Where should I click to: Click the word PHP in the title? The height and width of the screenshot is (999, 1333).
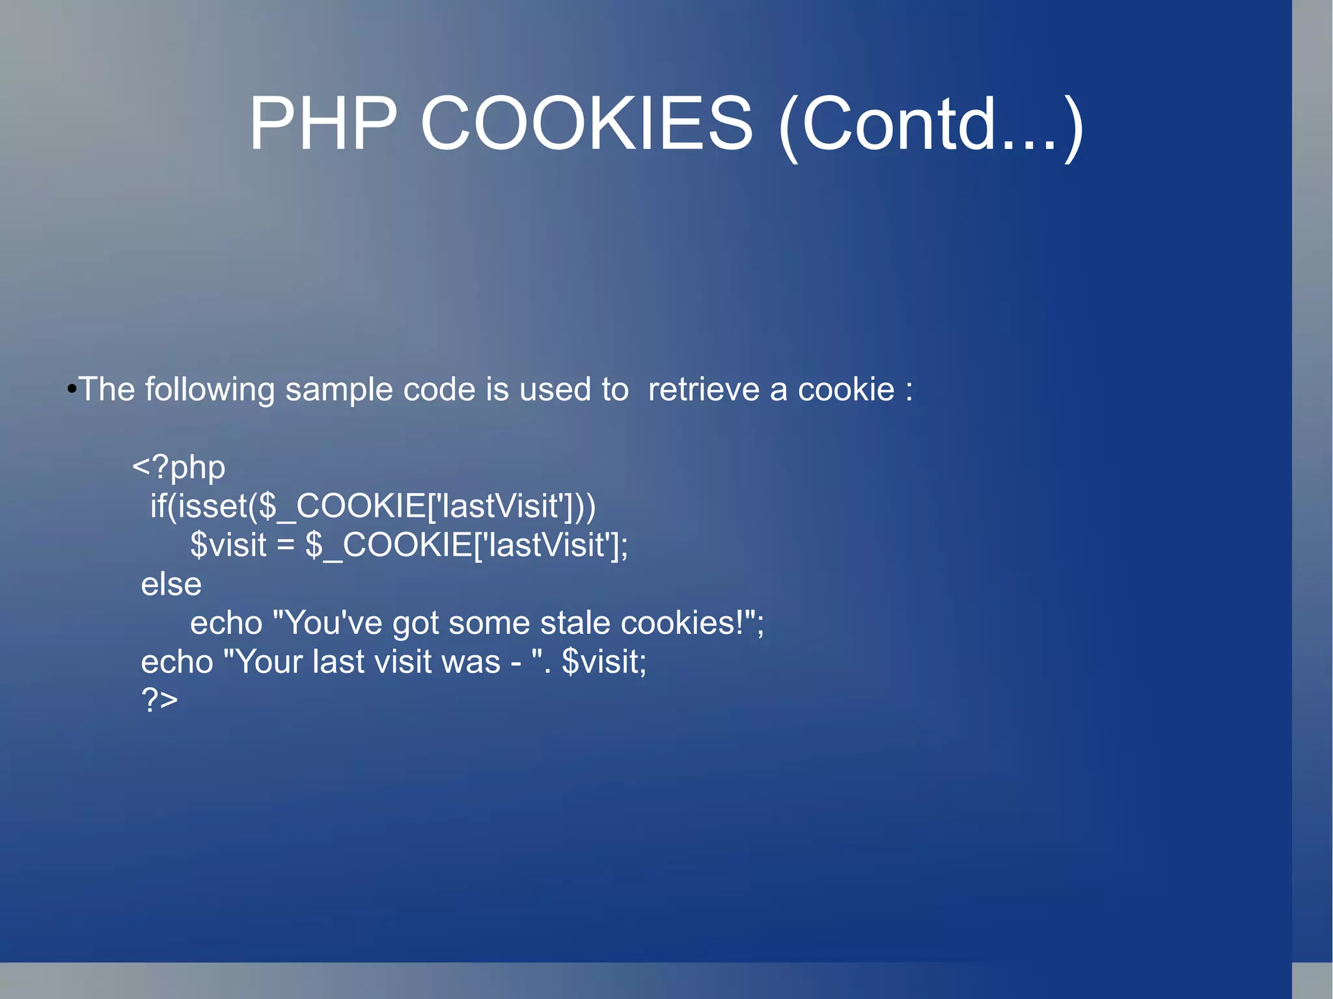323,124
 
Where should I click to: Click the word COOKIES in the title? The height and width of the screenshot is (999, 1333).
586,124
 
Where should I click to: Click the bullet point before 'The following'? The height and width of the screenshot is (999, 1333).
72,390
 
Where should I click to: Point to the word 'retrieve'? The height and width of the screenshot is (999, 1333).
703,390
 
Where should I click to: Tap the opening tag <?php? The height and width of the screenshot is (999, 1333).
179,468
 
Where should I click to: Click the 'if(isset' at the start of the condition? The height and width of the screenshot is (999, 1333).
199,506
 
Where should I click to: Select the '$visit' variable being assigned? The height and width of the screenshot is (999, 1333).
228,545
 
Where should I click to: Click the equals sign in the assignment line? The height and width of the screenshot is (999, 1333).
285,545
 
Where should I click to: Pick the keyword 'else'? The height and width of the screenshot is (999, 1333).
171,584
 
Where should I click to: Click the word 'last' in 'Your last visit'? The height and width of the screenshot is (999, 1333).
338,662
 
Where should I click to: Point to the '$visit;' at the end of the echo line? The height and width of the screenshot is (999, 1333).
603,662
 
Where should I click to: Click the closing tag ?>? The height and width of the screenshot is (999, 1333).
159,700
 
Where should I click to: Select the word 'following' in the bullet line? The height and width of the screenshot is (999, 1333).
210,390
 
